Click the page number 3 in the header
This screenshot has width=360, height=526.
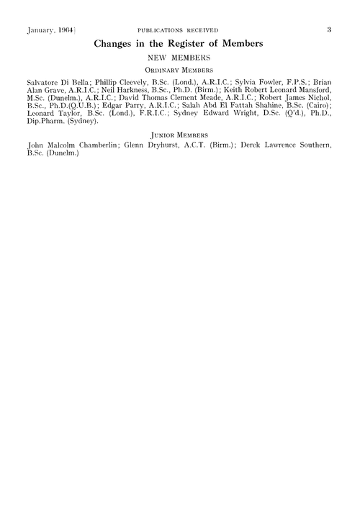[328, 30]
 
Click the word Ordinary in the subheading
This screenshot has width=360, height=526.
[163, 70]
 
